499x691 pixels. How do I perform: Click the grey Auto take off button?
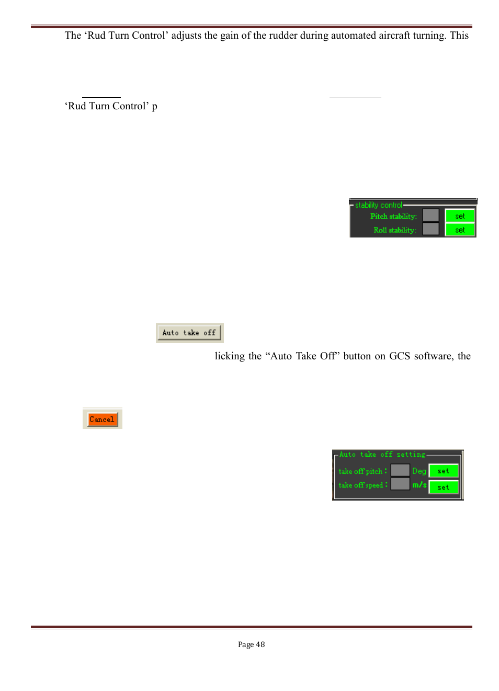point(189,333)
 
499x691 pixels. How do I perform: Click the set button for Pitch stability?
point(460,216)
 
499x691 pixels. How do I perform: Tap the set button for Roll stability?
point(460,230)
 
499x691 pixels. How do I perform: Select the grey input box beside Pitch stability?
point(430,216)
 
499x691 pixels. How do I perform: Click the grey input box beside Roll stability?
point(430,229)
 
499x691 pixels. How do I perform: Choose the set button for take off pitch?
point(443,471)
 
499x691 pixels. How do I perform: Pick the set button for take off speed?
point(443,487)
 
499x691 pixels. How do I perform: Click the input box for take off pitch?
point(400,470)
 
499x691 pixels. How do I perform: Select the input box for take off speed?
point(400,484)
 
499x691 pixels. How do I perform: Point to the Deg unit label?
point(419,471)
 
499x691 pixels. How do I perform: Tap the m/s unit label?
point(419,485)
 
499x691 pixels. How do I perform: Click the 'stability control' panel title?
point(379,205)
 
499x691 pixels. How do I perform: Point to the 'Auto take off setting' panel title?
point(382,455)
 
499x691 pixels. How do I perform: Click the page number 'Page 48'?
point(251,644)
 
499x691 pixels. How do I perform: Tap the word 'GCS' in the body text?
point(399,356)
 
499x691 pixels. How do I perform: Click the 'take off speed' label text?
point(361,485)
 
